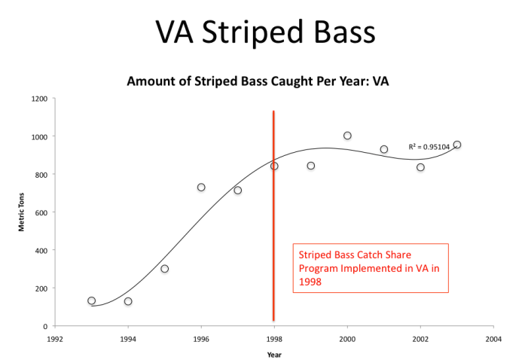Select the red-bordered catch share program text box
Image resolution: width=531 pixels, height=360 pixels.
tap(370, 267)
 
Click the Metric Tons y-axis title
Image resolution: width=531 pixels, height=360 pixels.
tap(22, 213)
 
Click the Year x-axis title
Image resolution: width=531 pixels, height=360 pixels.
tap(274, 354)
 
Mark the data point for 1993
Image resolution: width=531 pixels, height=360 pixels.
tap(92, 301)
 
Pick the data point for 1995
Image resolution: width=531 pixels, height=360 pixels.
tap(165, 269)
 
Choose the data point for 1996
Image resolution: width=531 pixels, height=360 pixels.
tap(201, 188)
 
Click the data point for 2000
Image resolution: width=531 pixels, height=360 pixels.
tap(347, 136)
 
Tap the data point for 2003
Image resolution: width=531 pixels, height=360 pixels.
tap(457, 145)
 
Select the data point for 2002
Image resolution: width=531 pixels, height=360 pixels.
tap(420, 167)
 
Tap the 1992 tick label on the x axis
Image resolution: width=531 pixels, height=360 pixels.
tap(55, 339)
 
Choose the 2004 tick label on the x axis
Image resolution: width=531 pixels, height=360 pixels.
tap(493, 339)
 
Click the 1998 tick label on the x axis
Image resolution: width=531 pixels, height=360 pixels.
tap(274, 339)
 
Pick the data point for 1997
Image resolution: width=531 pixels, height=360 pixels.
tap(238, 191)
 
